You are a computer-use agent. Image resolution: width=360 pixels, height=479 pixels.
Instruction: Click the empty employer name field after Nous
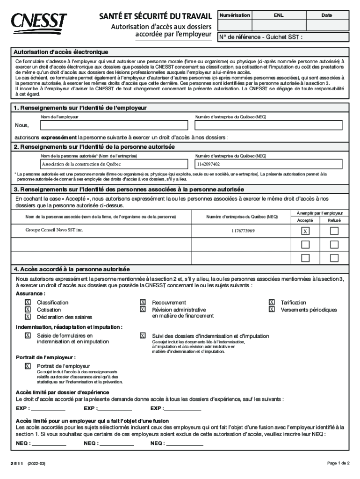coord(115,125)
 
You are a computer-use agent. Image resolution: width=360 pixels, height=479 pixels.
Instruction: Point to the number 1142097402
coord(209,164)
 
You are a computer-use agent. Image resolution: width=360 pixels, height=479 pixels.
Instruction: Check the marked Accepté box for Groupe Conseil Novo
coord(305,231)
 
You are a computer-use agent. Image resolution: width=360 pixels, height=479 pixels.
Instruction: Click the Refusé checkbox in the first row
coord(334,231)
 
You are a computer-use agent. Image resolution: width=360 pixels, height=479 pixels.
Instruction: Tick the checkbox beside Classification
coord(28,303)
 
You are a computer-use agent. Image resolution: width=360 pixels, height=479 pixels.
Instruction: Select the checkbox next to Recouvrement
coord(143,303)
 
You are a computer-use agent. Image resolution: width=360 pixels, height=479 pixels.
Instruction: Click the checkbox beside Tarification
coord(272,303)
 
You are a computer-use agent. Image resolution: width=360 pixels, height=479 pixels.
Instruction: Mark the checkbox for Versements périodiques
coord(272,310)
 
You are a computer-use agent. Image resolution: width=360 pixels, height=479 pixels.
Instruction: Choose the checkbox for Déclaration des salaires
coord(28,317)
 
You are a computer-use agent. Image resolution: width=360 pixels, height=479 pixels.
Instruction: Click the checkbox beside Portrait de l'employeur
coord(28,366)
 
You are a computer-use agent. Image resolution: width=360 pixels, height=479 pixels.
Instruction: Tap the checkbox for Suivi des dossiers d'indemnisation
coord(143,335)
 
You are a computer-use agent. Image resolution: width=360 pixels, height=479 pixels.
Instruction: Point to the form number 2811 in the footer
coord(18,463)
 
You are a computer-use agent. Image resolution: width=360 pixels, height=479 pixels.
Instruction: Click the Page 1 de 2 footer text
coord(338,463)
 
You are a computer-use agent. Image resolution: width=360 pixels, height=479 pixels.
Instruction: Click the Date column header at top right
coord(326,15)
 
